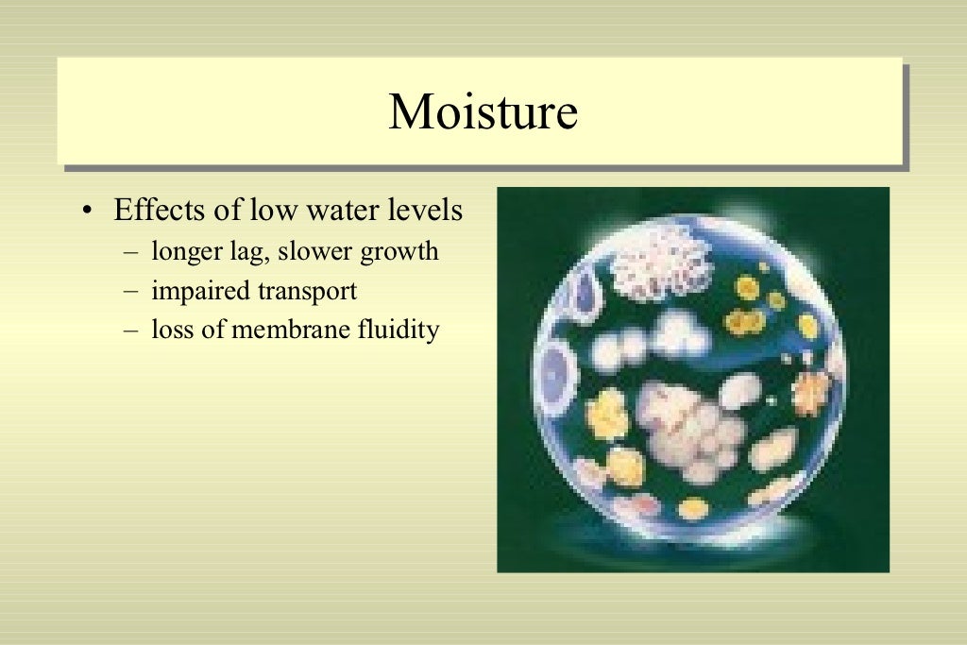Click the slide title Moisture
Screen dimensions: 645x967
point(483,112)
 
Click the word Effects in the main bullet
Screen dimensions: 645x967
point(152,210)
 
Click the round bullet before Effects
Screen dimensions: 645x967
point(88,211)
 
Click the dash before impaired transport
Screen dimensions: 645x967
point(129,293)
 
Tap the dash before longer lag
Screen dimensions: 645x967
point(129,253)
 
